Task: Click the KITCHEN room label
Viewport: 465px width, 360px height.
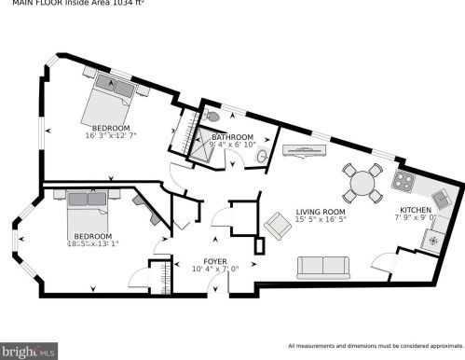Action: tap(415, 211)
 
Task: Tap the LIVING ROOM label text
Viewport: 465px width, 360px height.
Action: tap(321, 212)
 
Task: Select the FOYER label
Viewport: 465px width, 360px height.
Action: tap(215, 261)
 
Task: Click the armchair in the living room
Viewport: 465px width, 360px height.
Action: tap(277, 225)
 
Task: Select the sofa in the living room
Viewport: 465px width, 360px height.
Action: tap(322, 268)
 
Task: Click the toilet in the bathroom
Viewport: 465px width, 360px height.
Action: tap(213, 118)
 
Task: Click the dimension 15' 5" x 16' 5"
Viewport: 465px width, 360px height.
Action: tap(321, 220)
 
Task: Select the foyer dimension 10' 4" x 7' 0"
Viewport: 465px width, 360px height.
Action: tap(215, 270)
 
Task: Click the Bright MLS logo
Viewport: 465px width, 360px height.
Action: tap(30, 352)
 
